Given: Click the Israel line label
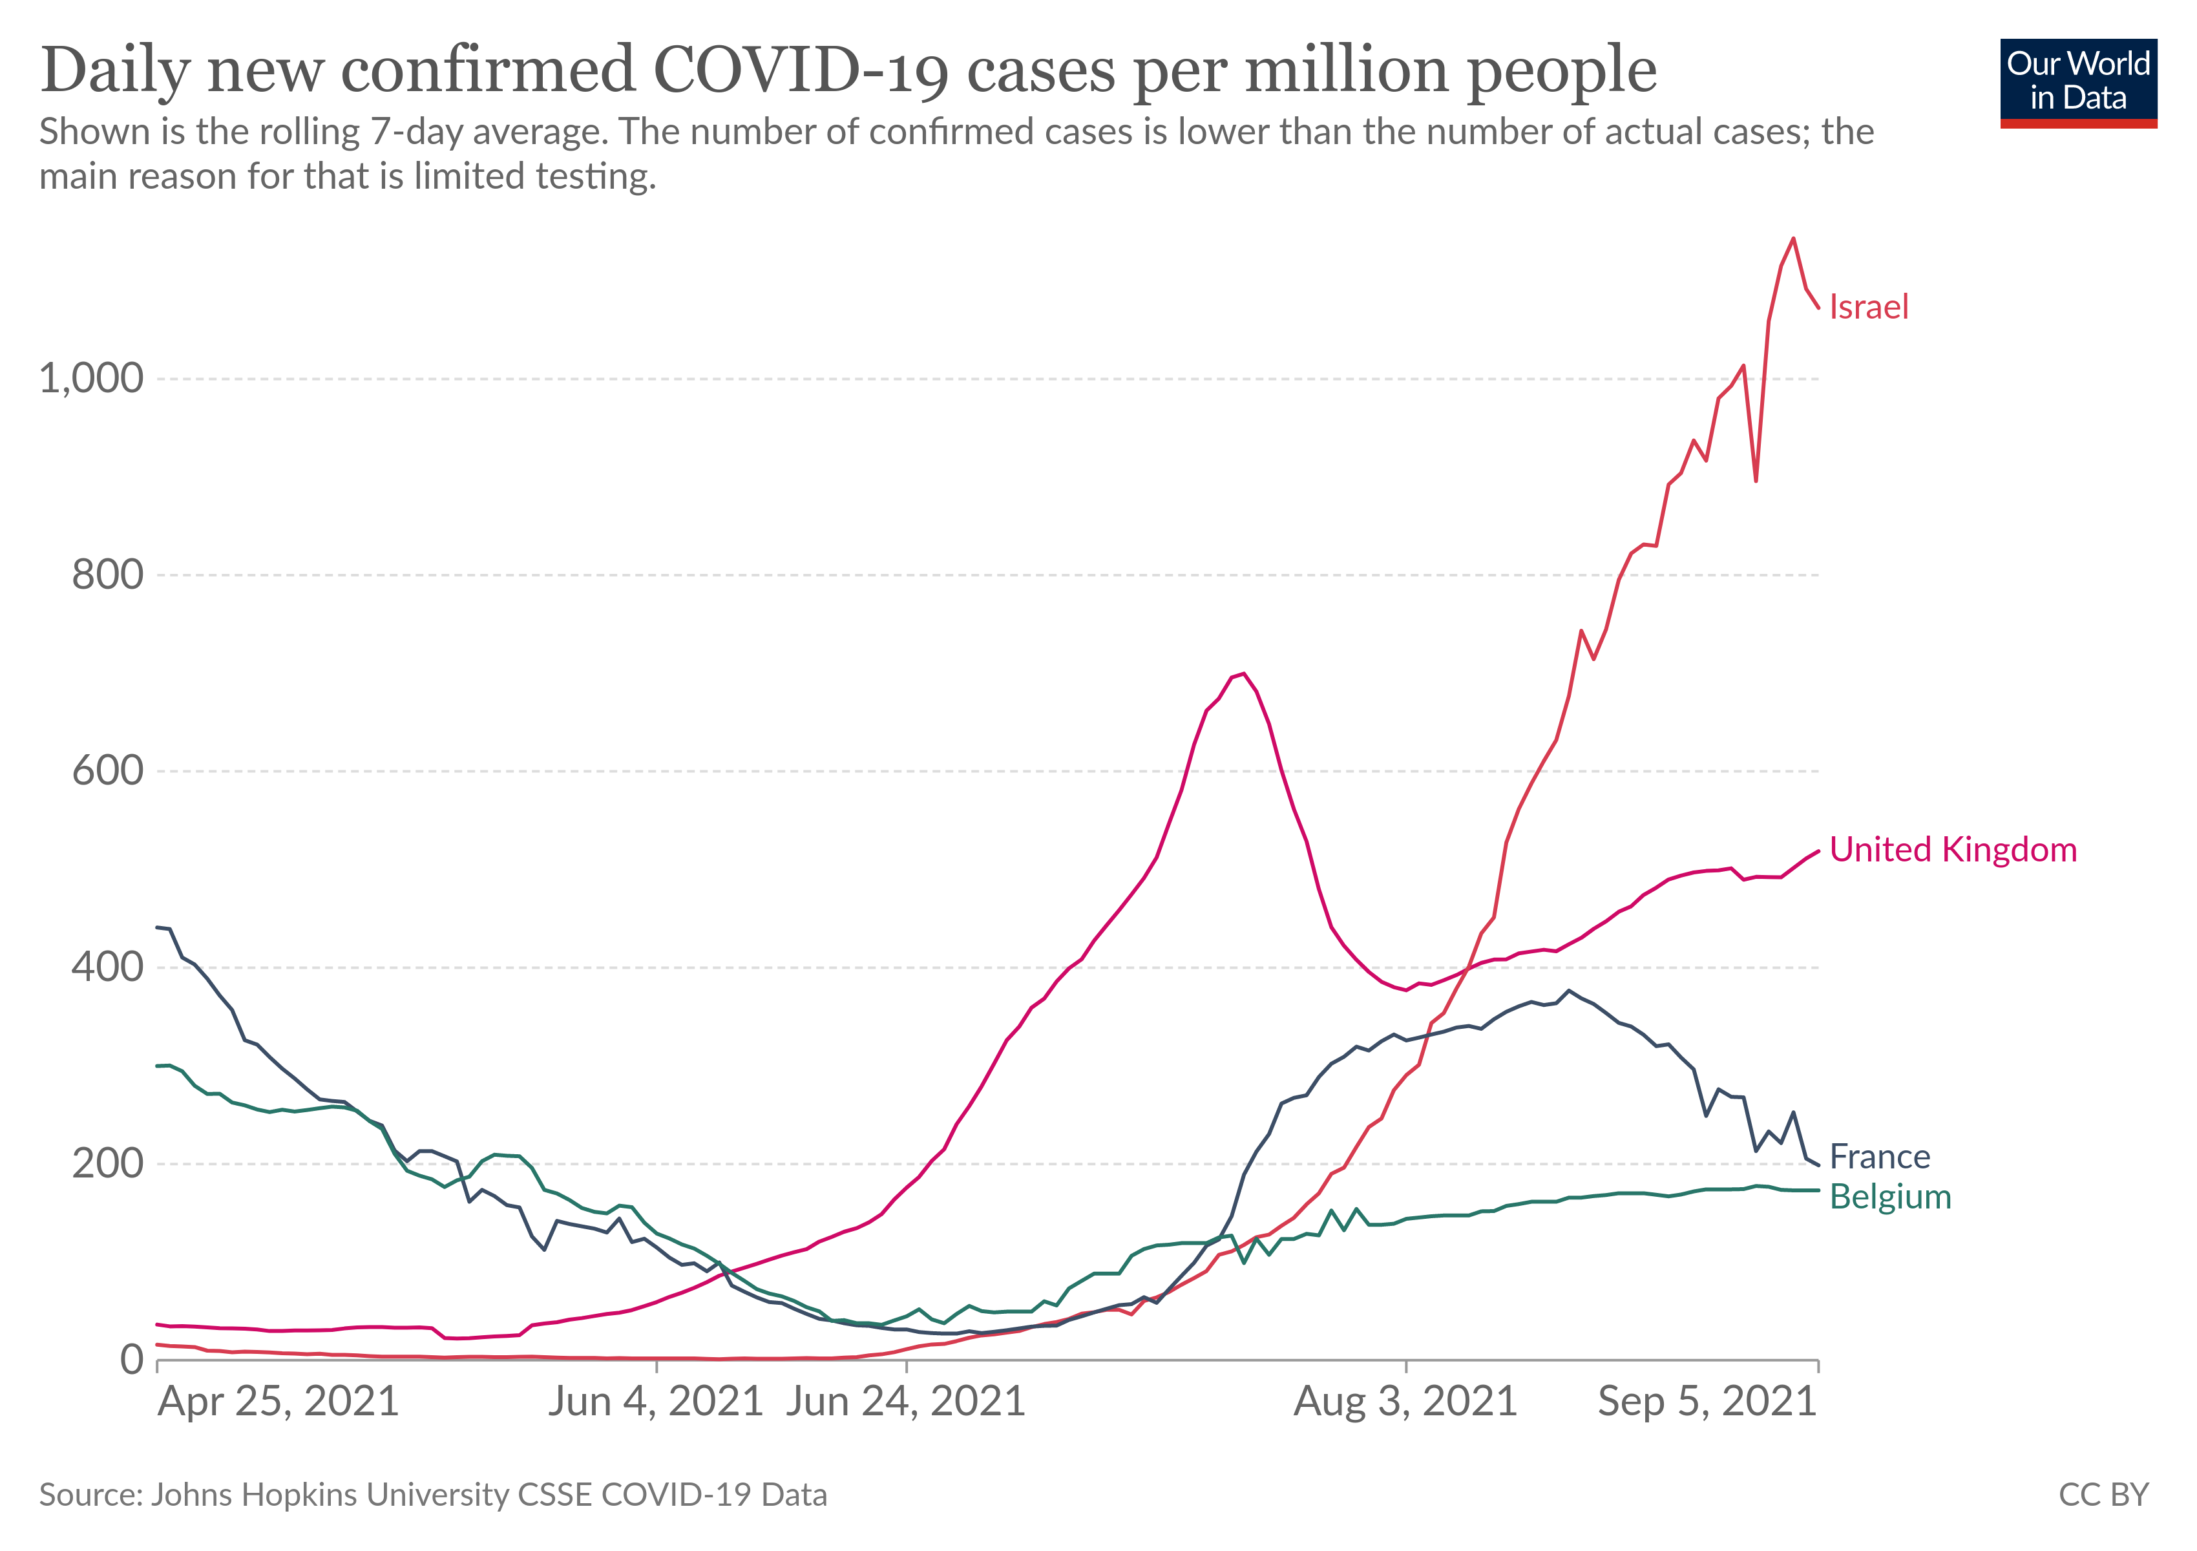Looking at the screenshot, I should (1868, 307).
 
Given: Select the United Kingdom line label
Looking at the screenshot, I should (1952, 850).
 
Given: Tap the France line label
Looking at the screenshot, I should (1879, 1157).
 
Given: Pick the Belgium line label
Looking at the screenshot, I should (1890, 1197).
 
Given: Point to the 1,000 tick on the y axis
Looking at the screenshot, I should (91, 379).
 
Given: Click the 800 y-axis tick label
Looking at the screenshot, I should (107, 575).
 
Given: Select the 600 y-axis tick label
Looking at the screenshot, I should (107, 771).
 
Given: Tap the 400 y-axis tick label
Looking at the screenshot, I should (107, 967).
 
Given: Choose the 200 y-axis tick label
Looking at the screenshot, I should (107, 1163).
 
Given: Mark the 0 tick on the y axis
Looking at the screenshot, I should (132, 1360).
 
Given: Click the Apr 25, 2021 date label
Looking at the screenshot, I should (279, 1402).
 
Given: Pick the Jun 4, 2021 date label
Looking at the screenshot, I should (655, 1402).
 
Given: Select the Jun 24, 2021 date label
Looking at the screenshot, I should (905, 1402).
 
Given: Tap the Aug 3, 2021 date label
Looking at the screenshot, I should (1405, 1402).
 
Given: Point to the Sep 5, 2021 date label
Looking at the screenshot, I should (1707, 1402).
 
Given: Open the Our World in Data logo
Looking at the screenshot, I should (2077, 82).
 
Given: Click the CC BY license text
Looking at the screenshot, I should (2103, 1495).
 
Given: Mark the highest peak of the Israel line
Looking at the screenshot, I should (1793, 238).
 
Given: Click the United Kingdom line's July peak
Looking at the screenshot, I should (1243, 673).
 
